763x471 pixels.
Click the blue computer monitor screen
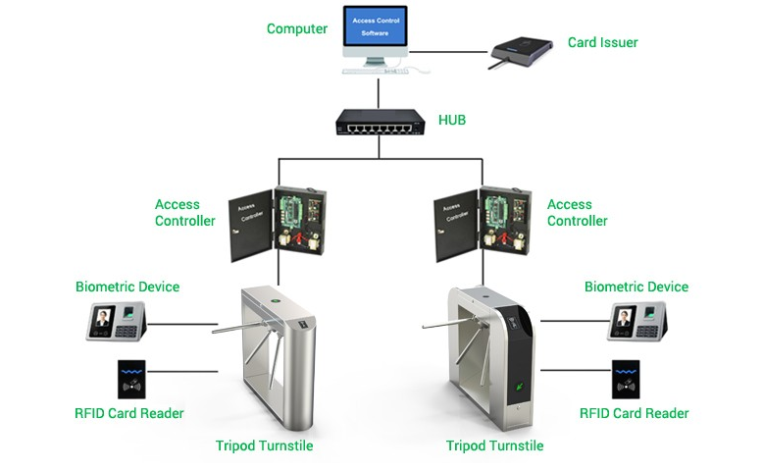375,26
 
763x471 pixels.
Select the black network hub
381,122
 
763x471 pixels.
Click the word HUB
452,120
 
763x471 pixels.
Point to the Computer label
297,28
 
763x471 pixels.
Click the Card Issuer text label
602,42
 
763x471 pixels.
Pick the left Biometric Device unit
117,321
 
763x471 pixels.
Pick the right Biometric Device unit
637,321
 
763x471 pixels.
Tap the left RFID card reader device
131,380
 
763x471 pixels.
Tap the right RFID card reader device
626,380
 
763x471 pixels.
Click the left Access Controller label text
185,212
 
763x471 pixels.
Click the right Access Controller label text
577,212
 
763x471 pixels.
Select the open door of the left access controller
251,225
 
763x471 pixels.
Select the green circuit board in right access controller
496,211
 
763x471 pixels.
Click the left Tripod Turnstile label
264,445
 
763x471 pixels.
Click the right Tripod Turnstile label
495,445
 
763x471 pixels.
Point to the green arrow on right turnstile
520,387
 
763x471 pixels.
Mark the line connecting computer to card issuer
448,52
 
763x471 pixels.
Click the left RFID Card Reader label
128,413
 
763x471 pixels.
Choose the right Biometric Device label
636,287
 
